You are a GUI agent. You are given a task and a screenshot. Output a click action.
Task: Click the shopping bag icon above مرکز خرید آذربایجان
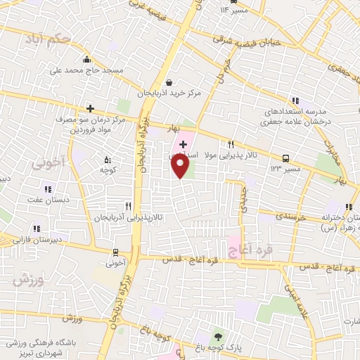[x=169, y=82]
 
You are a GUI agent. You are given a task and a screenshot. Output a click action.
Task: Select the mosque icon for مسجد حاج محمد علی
[x=86, y=60]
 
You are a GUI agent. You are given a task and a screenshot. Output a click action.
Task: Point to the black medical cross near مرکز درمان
[x=90, y=108]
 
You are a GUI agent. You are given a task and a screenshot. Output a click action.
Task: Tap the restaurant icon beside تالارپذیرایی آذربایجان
[x=127, y=206]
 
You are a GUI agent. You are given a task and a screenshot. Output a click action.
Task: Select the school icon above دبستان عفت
[x=48, y=188]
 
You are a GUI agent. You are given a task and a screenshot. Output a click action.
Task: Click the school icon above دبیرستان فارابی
[x=36, y=228]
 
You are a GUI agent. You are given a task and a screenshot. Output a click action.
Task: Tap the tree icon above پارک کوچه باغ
[x=217, y=337]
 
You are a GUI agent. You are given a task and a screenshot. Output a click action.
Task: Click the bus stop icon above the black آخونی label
[x=115, y=252]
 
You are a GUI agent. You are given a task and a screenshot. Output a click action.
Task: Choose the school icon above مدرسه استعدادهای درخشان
[x=295, y=101]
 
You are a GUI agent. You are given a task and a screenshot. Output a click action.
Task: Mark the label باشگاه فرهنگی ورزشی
[x=30, y=344]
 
